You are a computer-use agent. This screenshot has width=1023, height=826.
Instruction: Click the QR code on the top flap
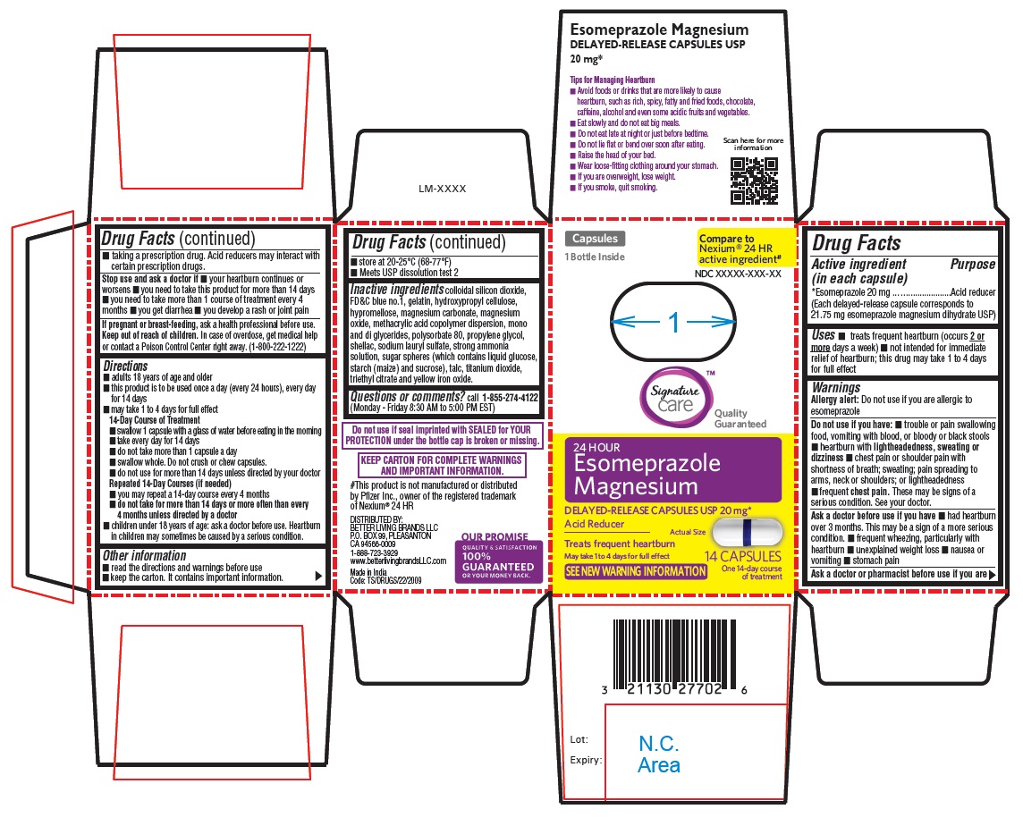pyautogui.click(x=754, y=181)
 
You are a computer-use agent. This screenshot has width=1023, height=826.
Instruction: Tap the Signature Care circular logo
pyautogui.click(x=674, y=397)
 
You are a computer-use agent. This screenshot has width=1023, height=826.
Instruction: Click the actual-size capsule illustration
pyautogui.click(x=747, y=533)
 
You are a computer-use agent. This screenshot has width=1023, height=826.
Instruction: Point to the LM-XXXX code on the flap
pyautogui.click(x=443, y=189)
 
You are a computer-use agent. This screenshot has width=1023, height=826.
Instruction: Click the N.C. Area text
pyautogui.click(x=659, y=754)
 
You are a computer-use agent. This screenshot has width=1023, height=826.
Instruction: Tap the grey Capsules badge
pyautogui.click(x=595, y=239)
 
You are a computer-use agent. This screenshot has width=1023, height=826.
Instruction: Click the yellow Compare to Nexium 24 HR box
pyautogui.click(x=746, y=249)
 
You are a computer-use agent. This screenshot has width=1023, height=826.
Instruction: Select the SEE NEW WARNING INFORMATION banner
pyautogui.click(x=636, y=571)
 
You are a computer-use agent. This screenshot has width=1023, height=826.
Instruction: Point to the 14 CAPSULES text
pyautogui.click(x=742, y=557)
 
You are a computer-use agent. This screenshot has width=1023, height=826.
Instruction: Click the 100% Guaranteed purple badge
pyautogui.click(x=499, y=561)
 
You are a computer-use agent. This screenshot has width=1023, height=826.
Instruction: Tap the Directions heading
pyautogui.click(x=125, y=366)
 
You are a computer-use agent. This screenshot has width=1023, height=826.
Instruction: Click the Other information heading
pyautogui.click(x=144, y=556)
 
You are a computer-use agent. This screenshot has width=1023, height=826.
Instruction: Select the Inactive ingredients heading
pyautogui.click(x=397, y=289)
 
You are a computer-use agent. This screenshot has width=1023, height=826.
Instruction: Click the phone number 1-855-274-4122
pyautogui.click(x=510, y=397)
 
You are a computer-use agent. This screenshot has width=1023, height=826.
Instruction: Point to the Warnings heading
pyautogui.click(x=836, y=388)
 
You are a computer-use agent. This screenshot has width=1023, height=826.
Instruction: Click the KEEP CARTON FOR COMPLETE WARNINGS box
pyautogui.click(x=442, y=465)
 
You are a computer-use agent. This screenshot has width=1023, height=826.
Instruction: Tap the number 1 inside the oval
pyautogui.click(x=674, y=322)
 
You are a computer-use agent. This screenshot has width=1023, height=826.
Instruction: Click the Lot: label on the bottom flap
pyautogui.click(x=579, y=739)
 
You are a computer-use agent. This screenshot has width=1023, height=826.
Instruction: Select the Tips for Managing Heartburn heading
pyautogui.click(x=613, y=80)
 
